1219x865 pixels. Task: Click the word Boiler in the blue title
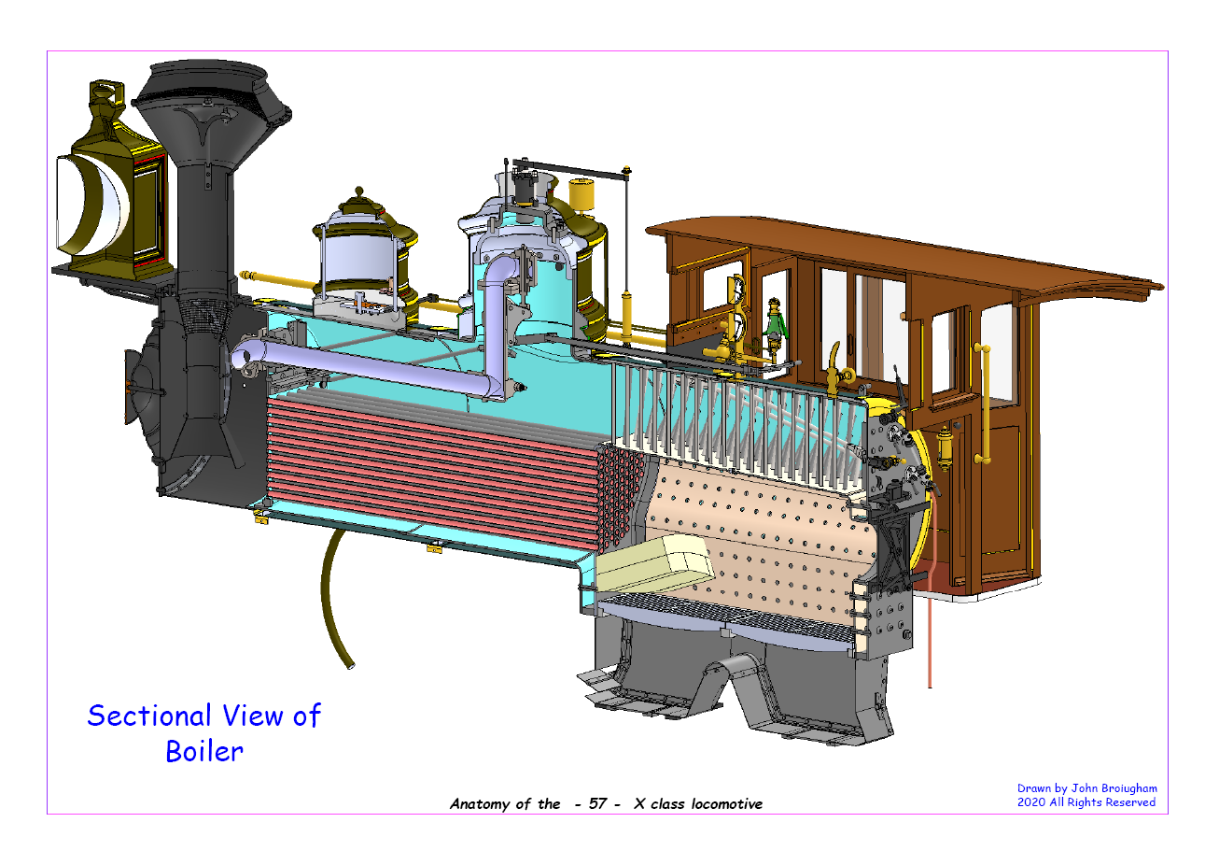point(204,751)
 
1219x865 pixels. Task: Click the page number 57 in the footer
point(598,804)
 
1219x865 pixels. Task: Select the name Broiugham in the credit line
point(1128,788)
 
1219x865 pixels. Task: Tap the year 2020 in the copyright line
point(1031,802)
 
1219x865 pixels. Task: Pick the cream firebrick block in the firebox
point(653,564)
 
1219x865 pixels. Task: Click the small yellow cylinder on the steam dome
point(583,195)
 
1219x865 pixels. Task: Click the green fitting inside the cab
point(774,323)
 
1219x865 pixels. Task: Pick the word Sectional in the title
point(149,716)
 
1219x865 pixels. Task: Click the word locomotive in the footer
point(727,804)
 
